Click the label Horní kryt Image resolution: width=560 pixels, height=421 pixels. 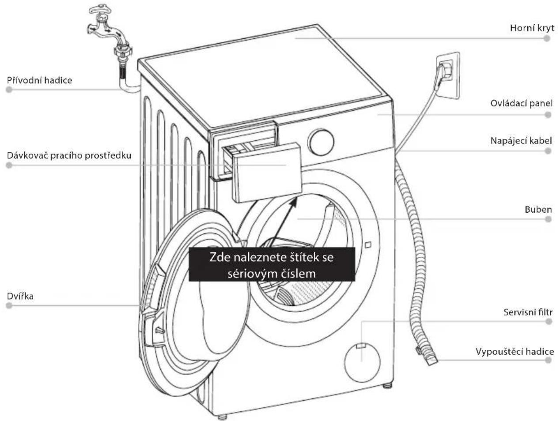532,28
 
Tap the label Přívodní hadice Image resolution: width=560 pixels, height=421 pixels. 39,80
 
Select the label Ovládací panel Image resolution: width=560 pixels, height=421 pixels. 521,103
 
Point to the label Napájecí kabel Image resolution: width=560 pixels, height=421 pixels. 521,140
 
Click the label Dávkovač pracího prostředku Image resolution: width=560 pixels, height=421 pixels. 69,155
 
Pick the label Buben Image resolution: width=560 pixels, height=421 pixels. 538,210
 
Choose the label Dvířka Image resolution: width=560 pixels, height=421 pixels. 20,296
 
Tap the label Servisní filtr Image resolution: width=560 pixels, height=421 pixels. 528,312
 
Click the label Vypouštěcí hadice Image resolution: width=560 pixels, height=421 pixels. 515,352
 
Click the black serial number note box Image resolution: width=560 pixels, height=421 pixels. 272,264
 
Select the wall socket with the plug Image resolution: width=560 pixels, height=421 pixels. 447,75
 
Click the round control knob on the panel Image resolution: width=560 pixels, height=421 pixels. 321,142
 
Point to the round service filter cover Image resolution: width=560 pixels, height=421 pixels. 362,362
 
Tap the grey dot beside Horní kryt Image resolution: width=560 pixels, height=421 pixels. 546,38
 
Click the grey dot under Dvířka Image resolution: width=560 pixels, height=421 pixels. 9,305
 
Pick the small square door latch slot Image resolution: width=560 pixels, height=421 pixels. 368,245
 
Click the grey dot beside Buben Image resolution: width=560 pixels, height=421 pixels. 548,219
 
